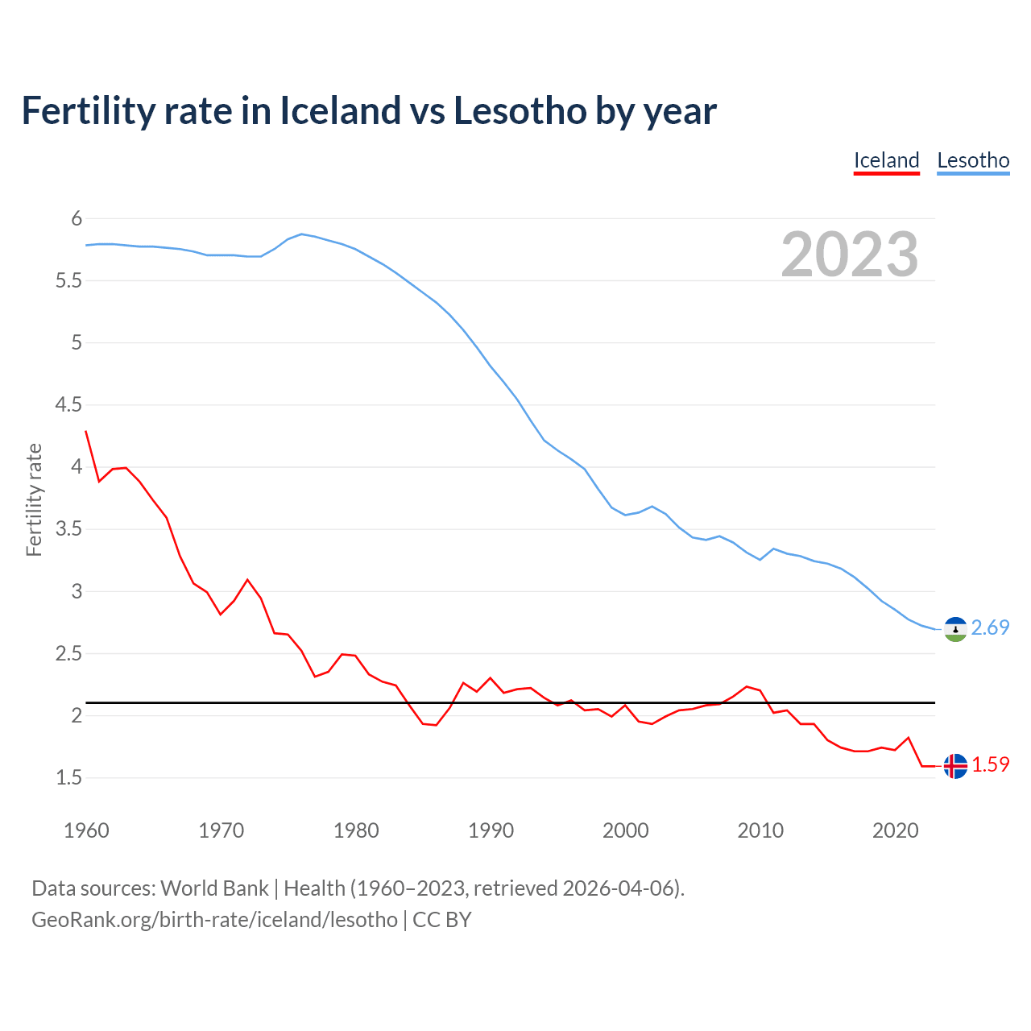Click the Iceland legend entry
(x=886, y=160)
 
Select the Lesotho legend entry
(x=973, y=160)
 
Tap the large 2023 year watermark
(x=850, y=255)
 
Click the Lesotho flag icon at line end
(x=955, y=628)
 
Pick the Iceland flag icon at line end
(x=955, y=765)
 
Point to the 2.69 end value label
(x=990, y=627)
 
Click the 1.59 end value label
(x=990, y=764)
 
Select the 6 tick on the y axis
(x=77, y=218)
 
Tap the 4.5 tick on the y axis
(x=68, y=404)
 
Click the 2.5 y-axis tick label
(x=68, y=653)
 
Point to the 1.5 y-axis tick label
(x=68, y=777)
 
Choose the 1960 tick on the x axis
(x=86, y=830)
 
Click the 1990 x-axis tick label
(x=491, y=830)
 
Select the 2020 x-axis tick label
(x=895, y=830)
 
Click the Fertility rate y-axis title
(x=34, y=499)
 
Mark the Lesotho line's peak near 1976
(x=301, y=234)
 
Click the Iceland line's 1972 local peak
(x=247, y=579)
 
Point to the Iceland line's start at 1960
(x=86, y=431)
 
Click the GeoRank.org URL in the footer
(x=214, y=919)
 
